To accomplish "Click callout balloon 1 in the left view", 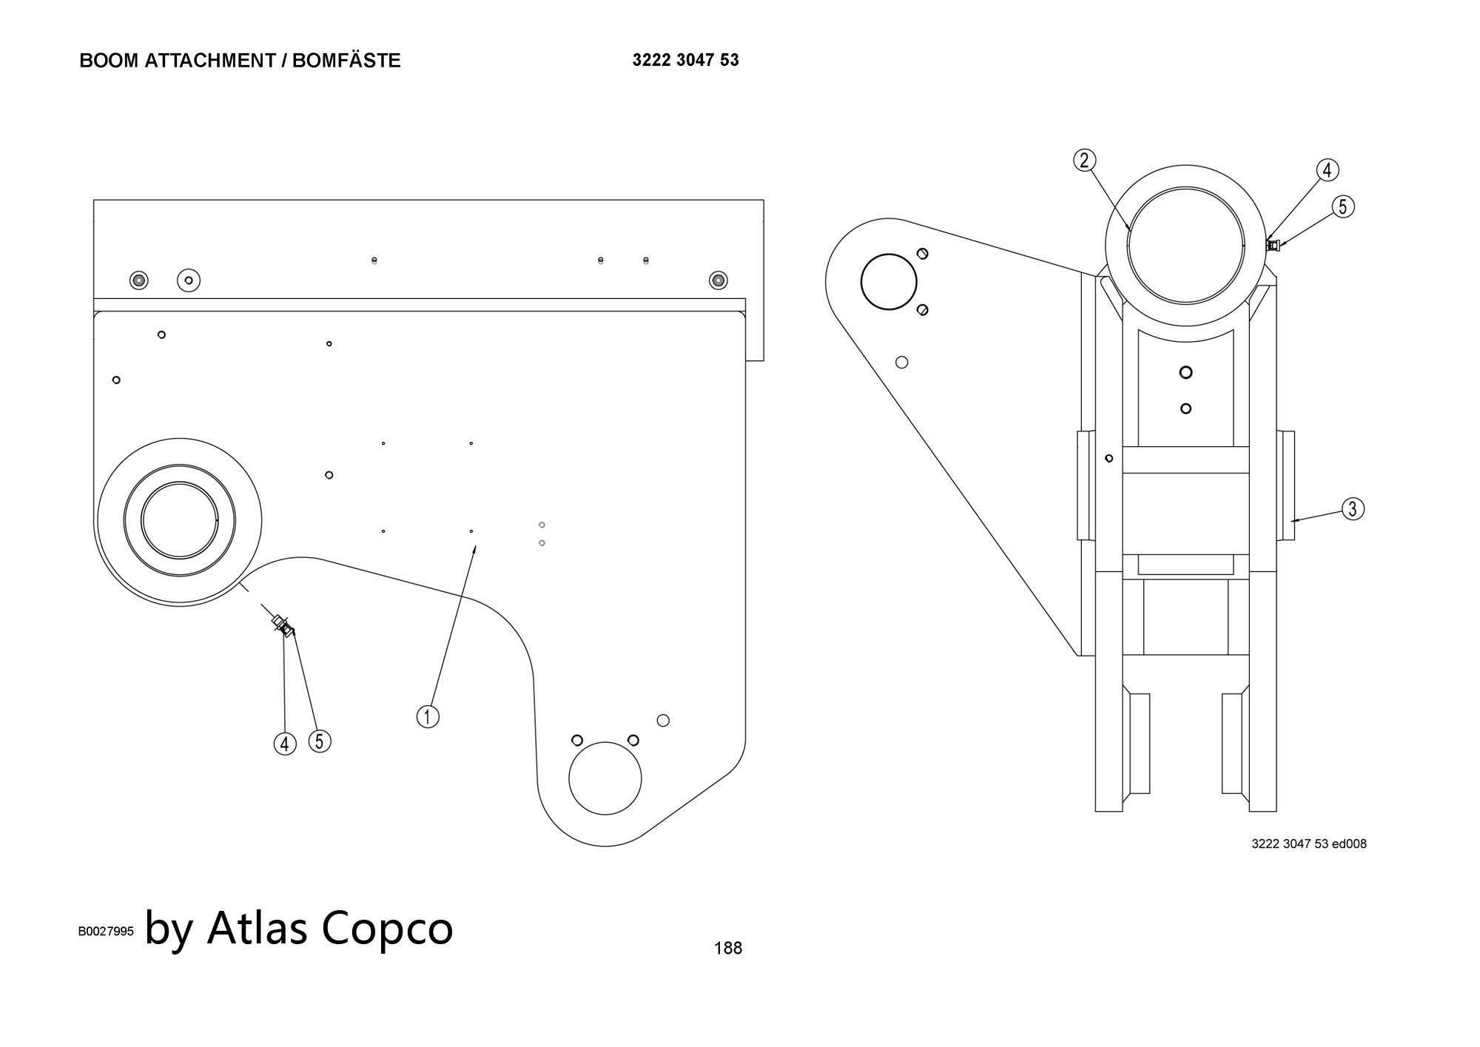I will [428, 716].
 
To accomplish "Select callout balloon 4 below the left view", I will [285, 744].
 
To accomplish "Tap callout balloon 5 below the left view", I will [320, 741].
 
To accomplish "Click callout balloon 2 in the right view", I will [1084, 161].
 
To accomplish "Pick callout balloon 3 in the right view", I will [1353, 509].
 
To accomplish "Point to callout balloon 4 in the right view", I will [1327, 170].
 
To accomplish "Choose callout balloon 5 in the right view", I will [1344, 207].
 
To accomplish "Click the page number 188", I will [727, 948].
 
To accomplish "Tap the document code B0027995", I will [106, 931].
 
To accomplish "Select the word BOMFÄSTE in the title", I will [346, 61].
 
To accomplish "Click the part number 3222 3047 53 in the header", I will [685, 60].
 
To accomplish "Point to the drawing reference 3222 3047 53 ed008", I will [1308, 844].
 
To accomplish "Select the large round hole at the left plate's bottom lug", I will [605, 778].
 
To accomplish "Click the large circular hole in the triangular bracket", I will [889, 281].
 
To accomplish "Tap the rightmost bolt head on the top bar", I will [718, 280].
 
